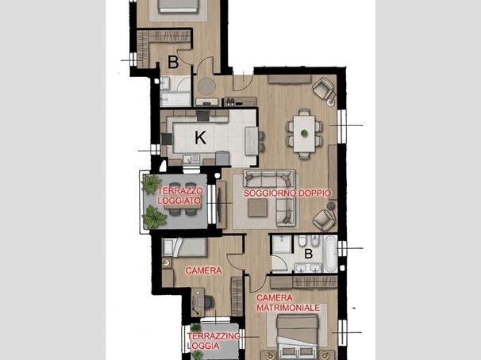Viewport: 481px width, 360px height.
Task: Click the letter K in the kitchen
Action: [200, 138]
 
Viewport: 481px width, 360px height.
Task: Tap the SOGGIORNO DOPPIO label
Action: [287, 193]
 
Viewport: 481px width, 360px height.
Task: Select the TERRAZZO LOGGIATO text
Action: [180, 196]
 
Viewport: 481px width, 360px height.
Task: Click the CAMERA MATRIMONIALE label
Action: [288, 303]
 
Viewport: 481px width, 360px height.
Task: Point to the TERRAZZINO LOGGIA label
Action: [214, 341]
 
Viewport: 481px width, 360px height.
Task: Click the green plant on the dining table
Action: [304, 133]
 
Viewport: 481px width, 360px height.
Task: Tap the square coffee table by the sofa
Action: [257, 208]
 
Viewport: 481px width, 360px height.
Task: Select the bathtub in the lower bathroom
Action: [330, 254]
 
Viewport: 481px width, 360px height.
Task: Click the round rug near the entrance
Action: [206, 86]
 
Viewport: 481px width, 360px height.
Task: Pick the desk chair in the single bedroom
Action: [209, 302]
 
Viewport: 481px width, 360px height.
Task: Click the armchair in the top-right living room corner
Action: [323, 88]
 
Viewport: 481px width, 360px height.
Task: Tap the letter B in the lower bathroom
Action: [308, 254]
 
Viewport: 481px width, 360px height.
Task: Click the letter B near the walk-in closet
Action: [173, 62]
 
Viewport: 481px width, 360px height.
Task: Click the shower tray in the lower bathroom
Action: [282, 244]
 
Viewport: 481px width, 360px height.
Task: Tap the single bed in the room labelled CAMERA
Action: [185, 247]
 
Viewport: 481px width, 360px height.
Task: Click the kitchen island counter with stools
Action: [252, 140]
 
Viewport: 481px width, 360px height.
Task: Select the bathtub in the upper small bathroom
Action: [175, 99]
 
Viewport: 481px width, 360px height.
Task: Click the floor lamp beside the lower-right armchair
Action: [331, 206]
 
